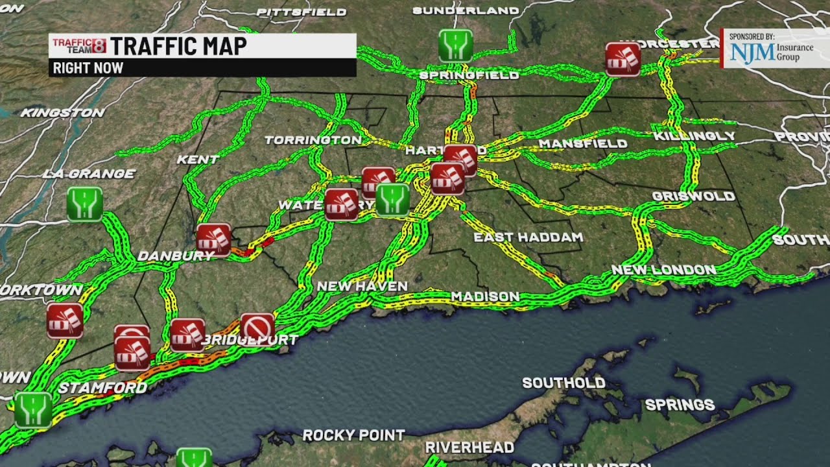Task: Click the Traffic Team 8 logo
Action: click(78, 45)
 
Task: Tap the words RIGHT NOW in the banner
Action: click(88, 68)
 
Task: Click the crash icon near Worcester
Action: click(622, 59)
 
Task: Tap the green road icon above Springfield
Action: click(455, 45)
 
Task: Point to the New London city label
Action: click(663, 270)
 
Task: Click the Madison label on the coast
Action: click(485, 296)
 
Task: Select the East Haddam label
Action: click(528, 237)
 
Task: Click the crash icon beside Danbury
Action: click(213, 240)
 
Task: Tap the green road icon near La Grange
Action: click(85, 204)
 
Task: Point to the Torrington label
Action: click(313, 140)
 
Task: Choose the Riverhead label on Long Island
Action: click(469, 448)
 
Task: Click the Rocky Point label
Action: click(353, 435)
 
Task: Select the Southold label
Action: click(563, 383)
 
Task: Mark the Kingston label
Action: click(62, 113)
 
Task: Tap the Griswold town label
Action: click(693, 196)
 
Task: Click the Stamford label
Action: click(102, 388)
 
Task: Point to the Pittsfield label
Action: click(301, 12)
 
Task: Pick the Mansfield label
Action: click(582, 143)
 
